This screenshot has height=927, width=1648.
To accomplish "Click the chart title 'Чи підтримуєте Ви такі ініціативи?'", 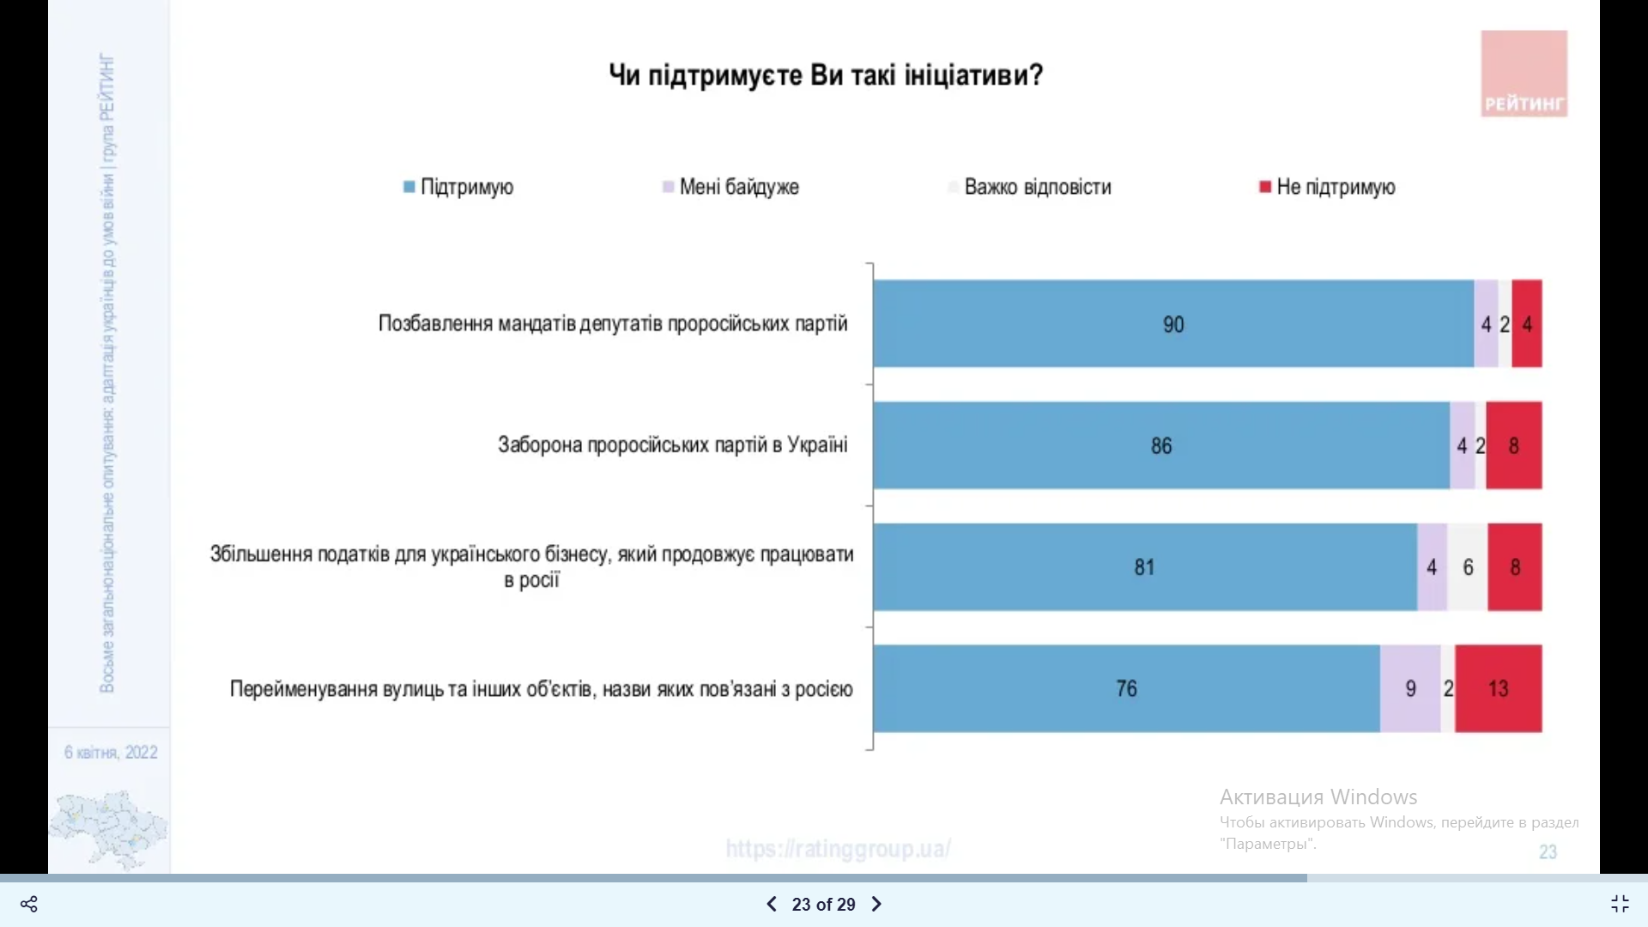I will (826, 76).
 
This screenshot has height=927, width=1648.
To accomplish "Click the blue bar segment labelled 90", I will (1172, 324).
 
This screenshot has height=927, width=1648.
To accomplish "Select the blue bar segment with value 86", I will (1160, 445).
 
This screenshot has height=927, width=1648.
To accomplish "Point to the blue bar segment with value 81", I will (1144, 567).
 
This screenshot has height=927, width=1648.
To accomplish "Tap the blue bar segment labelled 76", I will (1126, 688).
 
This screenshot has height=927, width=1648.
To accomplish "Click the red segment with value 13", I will (1499, 688).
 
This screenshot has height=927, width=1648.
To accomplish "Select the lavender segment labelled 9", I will (1410, 688).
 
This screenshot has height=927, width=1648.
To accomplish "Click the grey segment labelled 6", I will (1468, 567).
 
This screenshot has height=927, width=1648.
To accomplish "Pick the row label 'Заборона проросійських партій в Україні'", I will (672, 445).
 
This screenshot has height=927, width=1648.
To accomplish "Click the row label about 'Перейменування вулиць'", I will (541, 689).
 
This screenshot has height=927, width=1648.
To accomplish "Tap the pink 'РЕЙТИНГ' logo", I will (1524, 75).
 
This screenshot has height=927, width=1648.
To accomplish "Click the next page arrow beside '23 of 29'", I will (876, 904).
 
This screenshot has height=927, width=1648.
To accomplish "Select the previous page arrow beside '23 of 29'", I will (771, 904).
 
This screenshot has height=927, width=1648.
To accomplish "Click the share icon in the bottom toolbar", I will (29, 904).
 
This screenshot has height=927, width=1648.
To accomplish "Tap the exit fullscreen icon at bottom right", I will (1619, 904).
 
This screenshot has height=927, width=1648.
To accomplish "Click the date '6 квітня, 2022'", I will (111, 753).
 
